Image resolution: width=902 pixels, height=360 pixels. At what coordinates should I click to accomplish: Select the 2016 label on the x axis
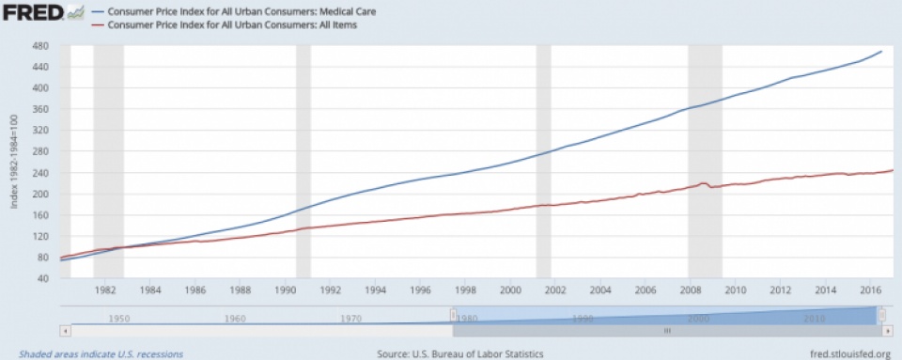(x=870, y=291)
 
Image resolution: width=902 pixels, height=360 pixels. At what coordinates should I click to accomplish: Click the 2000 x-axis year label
(x=510, y=291)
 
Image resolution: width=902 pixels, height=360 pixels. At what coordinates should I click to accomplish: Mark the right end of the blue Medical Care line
(x=880, y=52)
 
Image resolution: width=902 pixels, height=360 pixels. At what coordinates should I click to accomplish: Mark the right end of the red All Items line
(x=892, y=170)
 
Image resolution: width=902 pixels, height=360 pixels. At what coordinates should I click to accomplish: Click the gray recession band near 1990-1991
(x=303, y=160)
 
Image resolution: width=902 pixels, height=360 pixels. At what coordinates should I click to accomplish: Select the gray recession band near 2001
(x=543, y=160)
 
